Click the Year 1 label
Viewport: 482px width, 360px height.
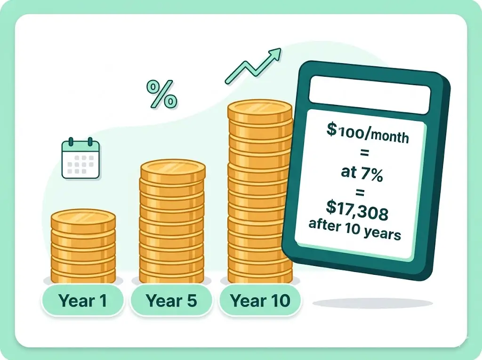82,300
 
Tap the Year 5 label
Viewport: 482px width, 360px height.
171,300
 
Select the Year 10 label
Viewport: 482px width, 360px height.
260,300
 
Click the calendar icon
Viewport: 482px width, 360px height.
80,159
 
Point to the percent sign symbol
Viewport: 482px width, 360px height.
161,94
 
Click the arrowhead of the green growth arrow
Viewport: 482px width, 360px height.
275,54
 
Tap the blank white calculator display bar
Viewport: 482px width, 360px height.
369,91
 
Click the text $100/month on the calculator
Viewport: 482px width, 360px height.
368,132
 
